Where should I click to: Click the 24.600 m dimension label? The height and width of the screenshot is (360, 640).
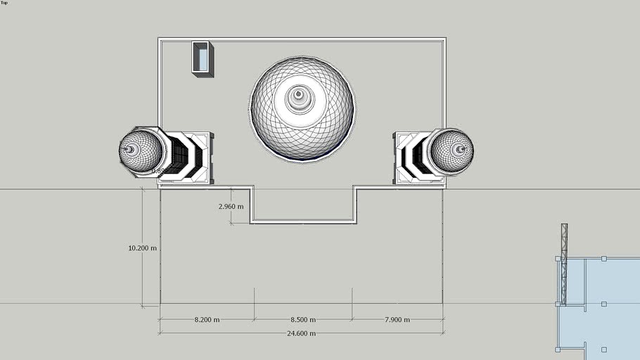tap(301, 333)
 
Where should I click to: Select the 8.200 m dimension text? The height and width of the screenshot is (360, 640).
tap(207, 320)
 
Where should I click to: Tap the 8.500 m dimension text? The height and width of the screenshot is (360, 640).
tap(303, 320)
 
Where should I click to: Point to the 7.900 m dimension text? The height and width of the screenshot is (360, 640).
tap(397, 320)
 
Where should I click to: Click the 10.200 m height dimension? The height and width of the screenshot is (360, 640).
tap(142, 248)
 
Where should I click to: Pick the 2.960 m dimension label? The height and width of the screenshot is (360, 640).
tap(231, 207)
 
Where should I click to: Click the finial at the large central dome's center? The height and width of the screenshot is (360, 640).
tap(299, 94)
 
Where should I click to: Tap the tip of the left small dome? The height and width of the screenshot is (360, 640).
tap(129, 149)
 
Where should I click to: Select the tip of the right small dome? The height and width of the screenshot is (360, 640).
tap(460, 149)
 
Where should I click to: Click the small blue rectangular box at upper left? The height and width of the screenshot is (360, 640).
tap(203, 58)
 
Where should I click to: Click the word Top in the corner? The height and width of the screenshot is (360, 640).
tap(4, 3)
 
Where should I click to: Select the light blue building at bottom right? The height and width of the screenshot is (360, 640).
tap(605, 302)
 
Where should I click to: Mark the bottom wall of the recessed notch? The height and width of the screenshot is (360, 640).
tap(303, 222)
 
